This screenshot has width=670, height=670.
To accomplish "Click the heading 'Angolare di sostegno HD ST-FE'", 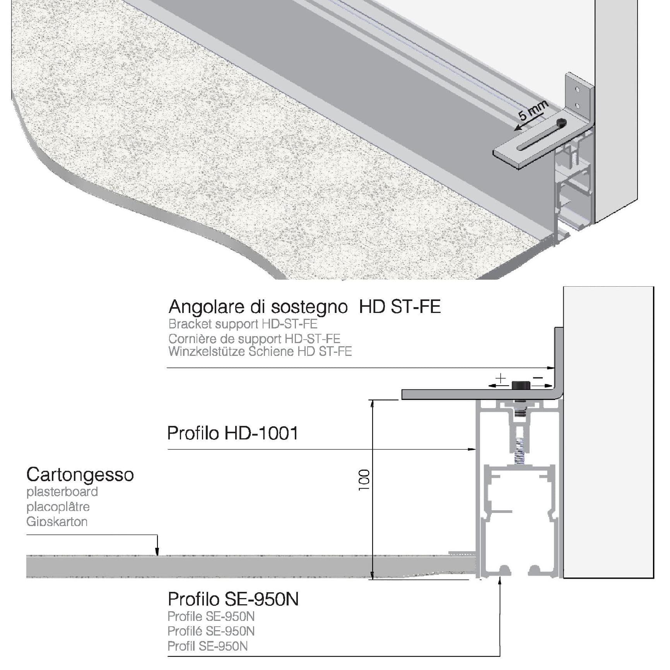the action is pyautogui.click(x=305, y=307).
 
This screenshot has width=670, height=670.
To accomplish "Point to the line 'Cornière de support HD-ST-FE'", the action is pyautogui.click(x=254, y=338).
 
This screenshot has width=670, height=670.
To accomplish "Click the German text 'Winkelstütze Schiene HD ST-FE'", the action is pyautogui.click(x=260, y=351).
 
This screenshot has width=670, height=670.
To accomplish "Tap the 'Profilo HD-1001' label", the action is pyautogui.click(x=232, y=433).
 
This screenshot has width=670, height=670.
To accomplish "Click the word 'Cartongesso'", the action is pyautogui.click(x=80, y=475).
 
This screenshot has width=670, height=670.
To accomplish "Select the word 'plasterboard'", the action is pyautogui.click(x=62, y=492).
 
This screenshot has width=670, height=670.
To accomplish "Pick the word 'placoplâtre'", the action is pyautogui.click(x=58, y=507).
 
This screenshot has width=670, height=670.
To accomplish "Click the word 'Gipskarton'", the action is pyautogui.click(x=57, y=521).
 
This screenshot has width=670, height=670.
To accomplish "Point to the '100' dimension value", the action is pyautogui.click(x=364, y=480).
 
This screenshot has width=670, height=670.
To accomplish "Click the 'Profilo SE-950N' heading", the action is pyautogui.click(x=233, y=599).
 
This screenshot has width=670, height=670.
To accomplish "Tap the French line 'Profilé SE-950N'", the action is pyautogui.click(x=211, y=631).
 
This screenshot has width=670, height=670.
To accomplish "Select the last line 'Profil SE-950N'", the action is pyautogui.click(x=207, y=646).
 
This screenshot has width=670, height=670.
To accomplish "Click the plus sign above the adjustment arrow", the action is pyautogui.click(x=501, y=378).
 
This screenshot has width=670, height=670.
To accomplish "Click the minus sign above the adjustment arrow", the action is pyautogui.click(x=538, y=378).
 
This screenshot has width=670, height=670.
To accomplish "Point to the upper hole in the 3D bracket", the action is pyautogui.click(x=578, y=90).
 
